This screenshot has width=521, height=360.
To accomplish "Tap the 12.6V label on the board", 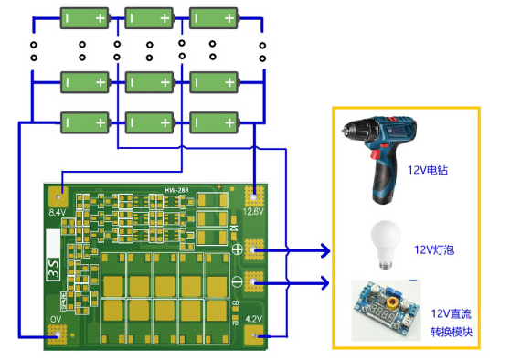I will (x=253, y=211).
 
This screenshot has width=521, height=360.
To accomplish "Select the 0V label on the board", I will (x=55, y=320).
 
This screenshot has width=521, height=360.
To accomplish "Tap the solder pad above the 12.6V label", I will (x=254, y=195).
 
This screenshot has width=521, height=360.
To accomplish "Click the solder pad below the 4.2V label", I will (x=254, y=336).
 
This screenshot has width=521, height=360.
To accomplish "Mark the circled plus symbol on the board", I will (x=236, y=249).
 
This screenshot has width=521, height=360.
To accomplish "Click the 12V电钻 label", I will (x=428, y=170).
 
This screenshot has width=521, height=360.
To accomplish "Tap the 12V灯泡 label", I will (x=434, y=249).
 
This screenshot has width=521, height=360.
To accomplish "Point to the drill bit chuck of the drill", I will (x=349, y=130).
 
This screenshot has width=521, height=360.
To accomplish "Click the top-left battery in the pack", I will (x=87, y=17).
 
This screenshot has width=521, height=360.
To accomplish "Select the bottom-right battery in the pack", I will (x=216, y=121).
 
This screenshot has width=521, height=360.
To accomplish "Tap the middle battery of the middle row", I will (x=151, y=82).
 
